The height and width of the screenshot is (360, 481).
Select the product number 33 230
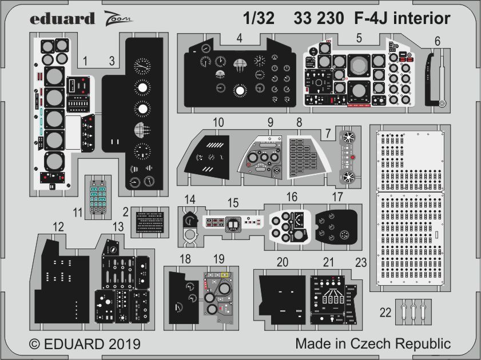pyautogui.click(x=319, y=19)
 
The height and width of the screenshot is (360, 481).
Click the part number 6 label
pyautogui.click(x=437, y=41)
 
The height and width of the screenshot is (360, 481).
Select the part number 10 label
pyautogui.click(x=217, y=122)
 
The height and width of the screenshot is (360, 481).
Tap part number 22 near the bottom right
pyautogui.click(x=385, y=312)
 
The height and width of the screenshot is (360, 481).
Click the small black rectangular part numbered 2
pyautogui.click(x=150, y=221)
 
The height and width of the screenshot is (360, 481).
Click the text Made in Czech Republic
pyautogui.click(x=373, y=344)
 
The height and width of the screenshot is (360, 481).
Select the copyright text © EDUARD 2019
pyautogui.click(x=84, y=344)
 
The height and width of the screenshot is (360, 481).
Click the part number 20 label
pyautogui.click(x=282, y=262)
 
